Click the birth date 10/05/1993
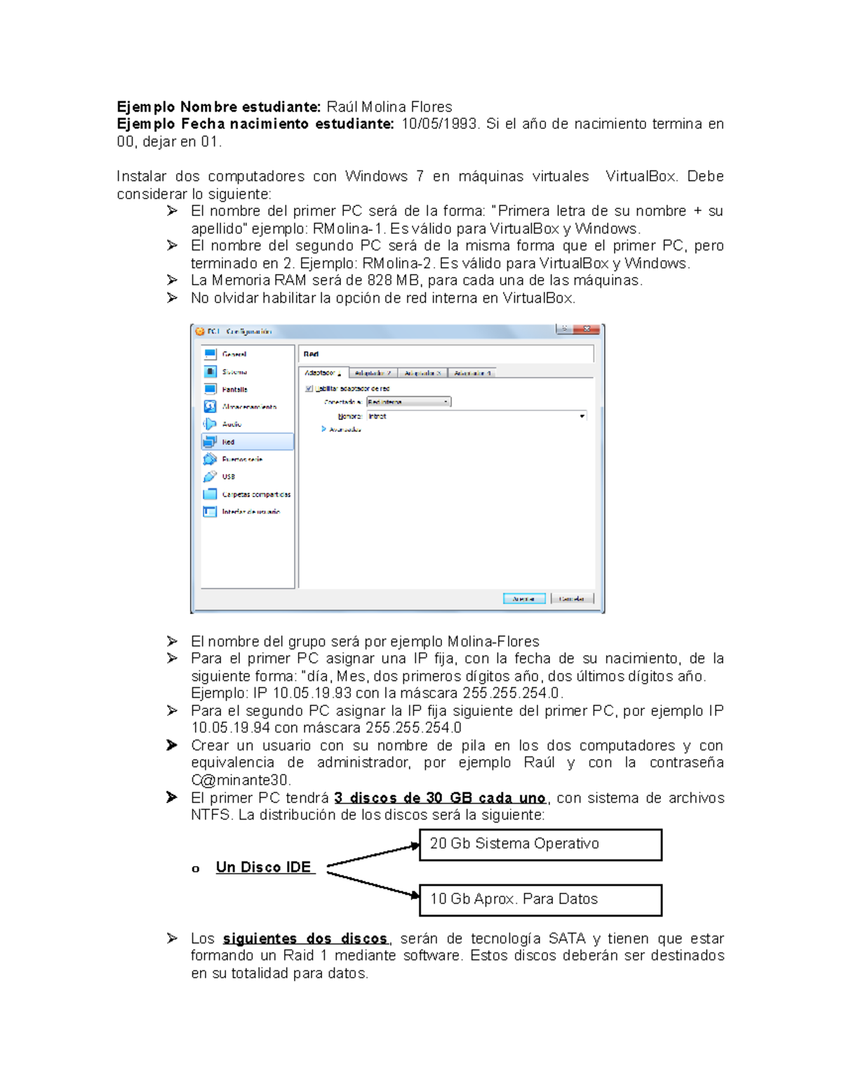tap(439, 124)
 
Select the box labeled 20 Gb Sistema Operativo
tap(540, 844)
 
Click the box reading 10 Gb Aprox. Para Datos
tap(540, 900)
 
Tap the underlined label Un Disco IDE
tap(264, 867)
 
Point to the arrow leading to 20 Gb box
tap(373, 856)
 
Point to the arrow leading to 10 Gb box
tap(373, 884)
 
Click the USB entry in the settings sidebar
tap(229, 477)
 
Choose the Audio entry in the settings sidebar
tap(232, 424)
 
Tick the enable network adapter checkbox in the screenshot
tap(309, 388)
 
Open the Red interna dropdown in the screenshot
tap(408, 402)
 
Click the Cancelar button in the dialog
tap(572, 599)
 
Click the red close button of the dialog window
tap(587, 330)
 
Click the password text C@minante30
tap(241, 780)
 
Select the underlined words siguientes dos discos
tap(305, 938)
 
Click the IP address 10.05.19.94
tap(231, 728)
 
